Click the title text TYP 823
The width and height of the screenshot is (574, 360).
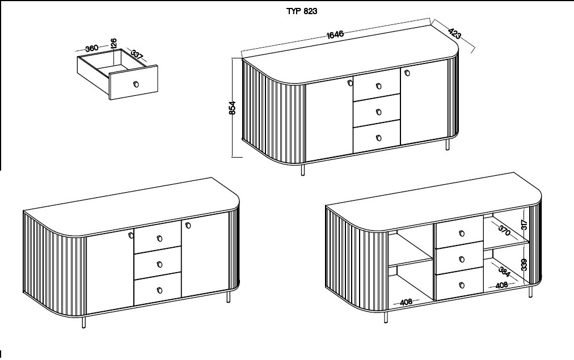(302, 11)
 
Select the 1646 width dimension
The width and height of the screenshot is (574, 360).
(335, 35)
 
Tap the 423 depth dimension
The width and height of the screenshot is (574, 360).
(454, 33)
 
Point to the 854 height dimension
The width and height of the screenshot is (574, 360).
(233, 108)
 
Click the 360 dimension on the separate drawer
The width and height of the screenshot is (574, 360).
(91, 48)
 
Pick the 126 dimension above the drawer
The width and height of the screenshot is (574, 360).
(113, 44)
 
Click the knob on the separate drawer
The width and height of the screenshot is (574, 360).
(136, 84)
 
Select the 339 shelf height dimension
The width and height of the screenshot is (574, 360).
(524, 265)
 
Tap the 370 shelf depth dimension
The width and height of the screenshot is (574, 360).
(504, 230)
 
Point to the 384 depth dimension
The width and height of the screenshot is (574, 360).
(504, 272)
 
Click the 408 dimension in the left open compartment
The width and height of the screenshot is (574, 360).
(406, 302)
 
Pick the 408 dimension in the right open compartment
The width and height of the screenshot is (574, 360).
(501, 285)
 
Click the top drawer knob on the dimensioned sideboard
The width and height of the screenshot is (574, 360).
(379, 86)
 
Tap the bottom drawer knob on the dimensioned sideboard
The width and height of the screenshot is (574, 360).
(379, 138)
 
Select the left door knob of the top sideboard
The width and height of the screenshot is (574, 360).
(350, 83)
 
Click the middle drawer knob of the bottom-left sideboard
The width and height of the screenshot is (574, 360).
(159, 264)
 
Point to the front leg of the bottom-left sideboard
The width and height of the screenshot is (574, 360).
(84, 322)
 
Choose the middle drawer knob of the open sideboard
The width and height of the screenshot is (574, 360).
(462, 260)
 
